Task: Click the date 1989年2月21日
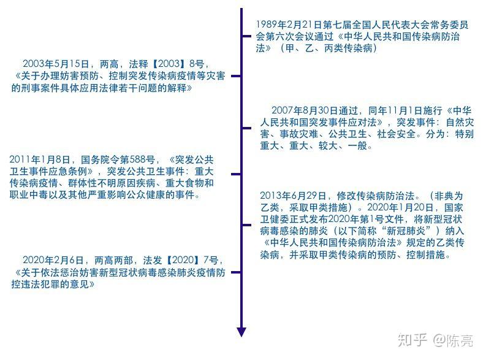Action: (289, 25)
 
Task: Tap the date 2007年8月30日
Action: (305, 110)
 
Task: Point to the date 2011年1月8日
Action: (40, 159)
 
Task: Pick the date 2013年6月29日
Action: (293, 196)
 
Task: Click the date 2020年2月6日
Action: (53, 260)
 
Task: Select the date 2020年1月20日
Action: (400, 207)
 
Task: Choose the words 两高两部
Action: (113, 260)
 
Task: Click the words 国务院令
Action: (100, 159)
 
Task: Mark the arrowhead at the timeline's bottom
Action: (241, 332)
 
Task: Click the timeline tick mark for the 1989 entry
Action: (246, 36)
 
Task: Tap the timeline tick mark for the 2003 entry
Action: (236, 76)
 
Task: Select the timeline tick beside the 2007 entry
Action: (246, 128)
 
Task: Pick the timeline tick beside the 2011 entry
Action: (236, 174)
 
